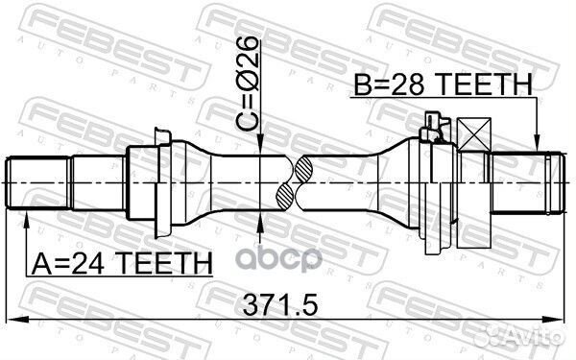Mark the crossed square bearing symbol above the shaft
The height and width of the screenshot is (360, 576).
tap(473, 131)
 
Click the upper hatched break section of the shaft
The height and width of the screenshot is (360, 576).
tap(300, 167)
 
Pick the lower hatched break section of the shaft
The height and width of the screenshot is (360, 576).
tap(286, 197)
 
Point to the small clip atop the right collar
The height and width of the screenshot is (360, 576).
tap(434, 122)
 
